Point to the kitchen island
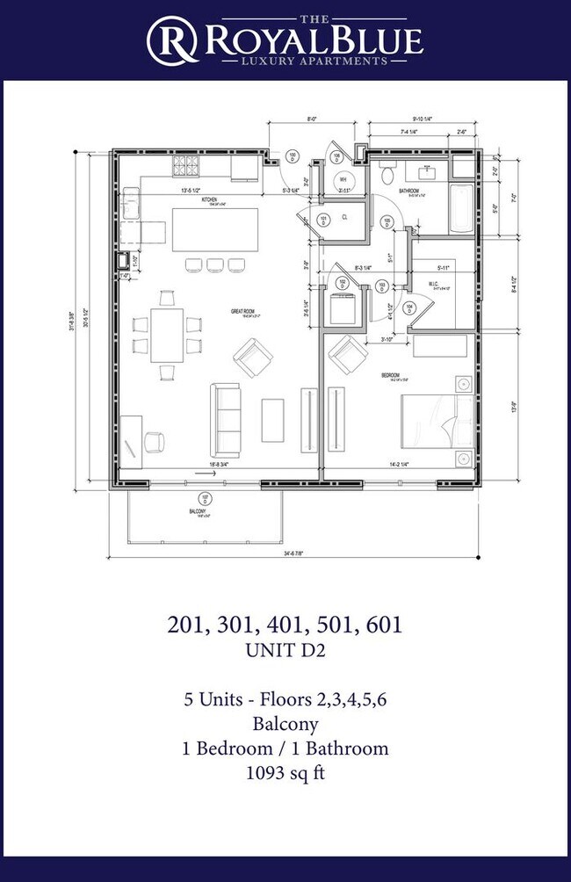(215, 229)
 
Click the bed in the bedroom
(437, 422)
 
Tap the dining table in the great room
(167, 334)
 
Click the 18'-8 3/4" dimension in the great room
(200, 464)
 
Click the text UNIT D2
(285, 651)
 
